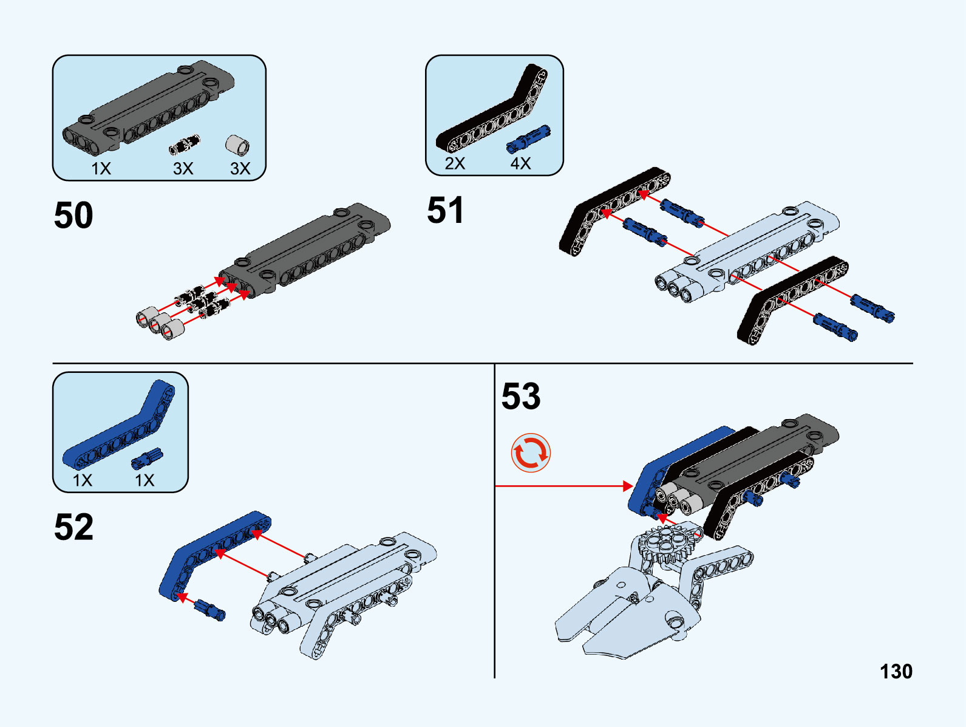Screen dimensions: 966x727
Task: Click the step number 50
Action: coord(73,215)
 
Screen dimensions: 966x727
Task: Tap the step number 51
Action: coord(445,210)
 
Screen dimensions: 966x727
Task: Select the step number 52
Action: coord(73,527)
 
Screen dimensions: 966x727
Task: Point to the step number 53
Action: coord(520,396)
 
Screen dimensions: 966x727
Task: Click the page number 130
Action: coord(896,672)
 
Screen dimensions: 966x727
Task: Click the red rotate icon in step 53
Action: coord(531,453)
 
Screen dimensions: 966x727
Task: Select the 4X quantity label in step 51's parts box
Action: coord(520,163)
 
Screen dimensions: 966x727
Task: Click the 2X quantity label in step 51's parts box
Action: coord(455,163)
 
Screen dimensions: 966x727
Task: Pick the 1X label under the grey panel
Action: coord(101,169)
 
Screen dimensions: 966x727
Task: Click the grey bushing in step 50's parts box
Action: coord(237,145)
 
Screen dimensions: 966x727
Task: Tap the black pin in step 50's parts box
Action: coord(185,145)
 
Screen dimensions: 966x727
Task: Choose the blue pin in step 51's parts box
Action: coord(529,138)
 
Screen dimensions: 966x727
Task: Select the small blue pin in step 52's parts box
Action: coord(147,458)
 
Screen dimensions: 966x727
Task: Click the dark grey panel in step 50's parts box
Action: coord(148,107)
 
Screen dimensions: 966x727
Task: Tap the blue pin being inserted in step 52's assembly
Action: coord(209,610)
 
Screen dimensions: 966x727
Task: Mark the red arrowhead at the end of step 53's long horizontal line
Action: coord(628,486)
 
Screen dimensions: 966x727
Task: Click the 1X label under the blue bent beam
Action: coord(83,480)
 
